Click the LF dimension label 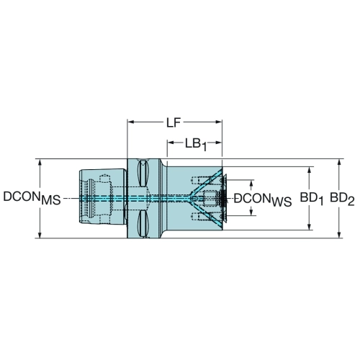pyautogui.click(x=174, y=123)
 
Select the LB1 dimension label pyautogui.click(x=196, y=145)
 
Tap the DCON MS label pyautogui.click(x=32, y=198)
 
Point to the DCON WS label pyautogui.click(x=263, y=199)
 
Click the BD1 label pyautogui.click(x=311, y=199)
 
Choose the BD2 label pyautogui.click(x=342, y=199)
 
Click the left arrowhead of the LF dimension pyautogui.click(x=130, y=122)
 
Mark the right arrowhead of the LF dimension pyautogui.click(x=219, y=122)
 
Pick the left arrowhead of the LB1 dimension pyautogui.click(x=171, y=143)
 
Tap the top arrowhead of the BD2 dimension pyautogui.click(x=339, y=162)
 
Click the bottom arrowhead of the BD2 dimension pyautogui.click(x=339, y=235)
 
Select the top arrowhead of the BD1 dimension pyautogui.click(x=310, y=170)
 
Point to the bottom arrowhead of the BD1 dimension pyautogui.click(x=310, y=227)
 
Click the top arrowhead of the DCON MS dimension pyautogui.click(x=40, y=162)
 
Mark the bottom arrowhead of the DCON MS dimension pyautogui.click(x=40, y=235)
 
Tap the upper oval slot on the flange pyautogui.click(x=143, y=174)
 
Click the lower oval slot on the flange pyautogui.click(x=143, y=224)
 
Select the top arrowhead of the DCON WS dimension pyautogui.click(x=251, y=183)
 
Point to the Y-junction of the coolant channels pyautogui.click(x=192, y=198)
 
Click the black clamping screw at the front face pyautogui.click(x=222, y=198)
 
